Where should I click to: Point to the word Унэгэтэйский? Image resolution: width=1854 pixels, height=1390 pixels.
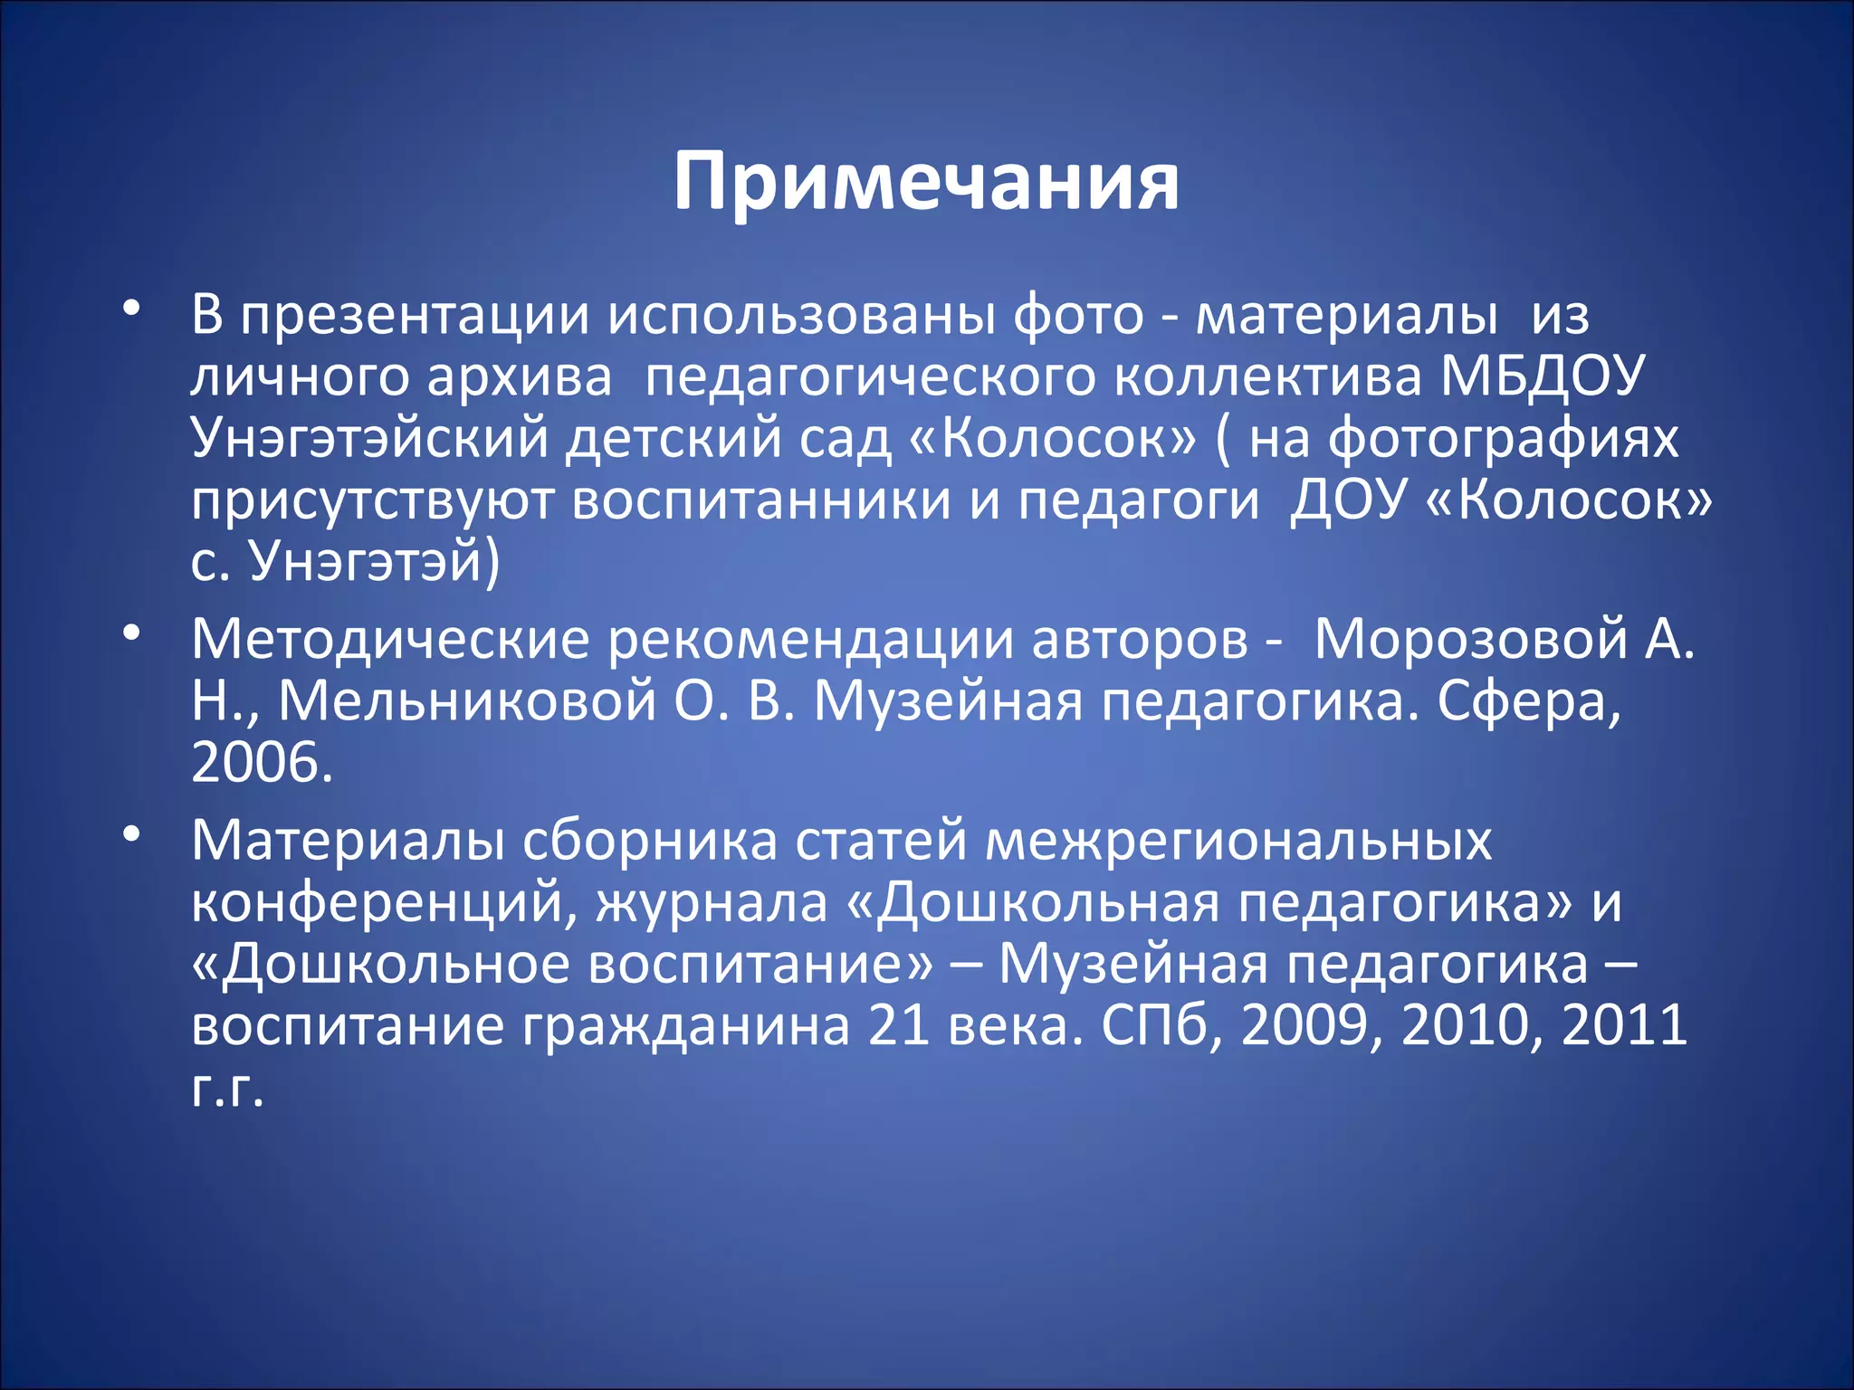369,438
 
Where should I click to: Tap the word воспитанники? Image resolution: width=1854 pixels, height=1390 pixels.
760,500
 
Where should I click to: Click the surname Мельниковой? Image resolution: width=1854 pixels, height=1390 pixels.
466,700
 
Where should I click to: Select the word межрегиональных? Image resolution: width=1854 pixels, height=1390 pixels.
1238,841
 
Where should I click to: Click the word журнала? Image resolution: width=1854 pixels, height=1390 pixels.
711,902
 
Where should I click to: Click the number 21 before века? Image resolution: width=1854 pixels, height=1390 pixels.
898,1025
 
